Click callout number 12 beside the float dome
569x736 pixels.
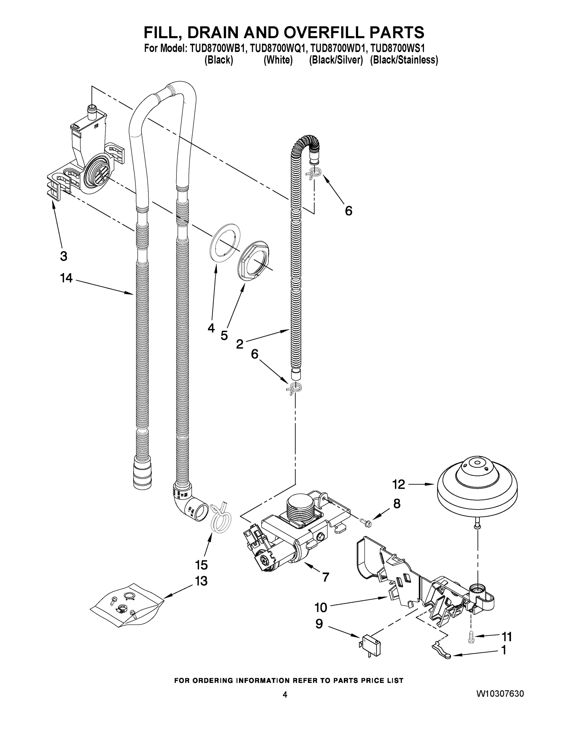click(398, 485)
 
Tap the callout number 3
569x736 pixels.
click(63, 256)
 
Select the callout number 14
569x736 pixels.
click(66, 278)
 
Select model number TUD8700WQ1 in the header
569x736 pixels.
click(279, 49)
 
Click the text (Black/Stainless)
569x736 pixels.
click(404, 60)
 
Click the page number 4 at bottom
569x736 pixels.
click(285, 694)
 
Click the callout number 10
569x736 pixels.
click(321, 608)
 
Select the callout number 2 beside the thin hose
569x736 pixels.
click(240, 344)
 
